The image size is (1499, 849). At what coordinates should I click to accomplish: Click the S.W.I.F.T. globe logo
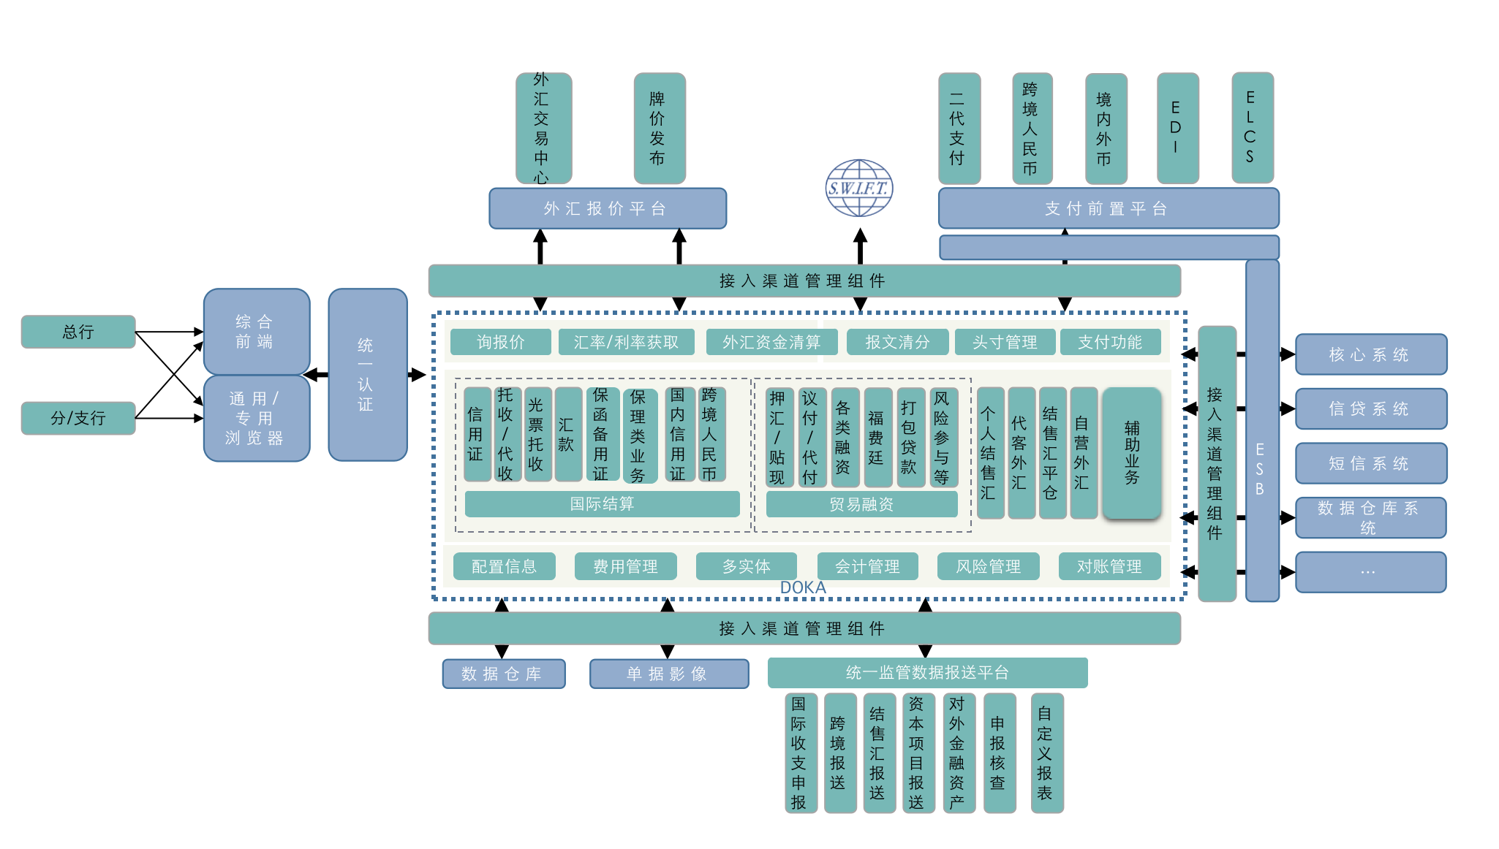[x=859, y=188]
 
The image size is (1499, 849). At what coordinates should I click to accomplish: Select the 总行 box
[x=78, y=332]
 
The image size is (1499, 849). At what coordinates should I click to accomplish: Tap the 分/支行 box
[x=78, y=418]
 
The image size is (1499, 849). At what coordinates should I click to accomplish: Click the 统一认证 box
[x=367, y=375]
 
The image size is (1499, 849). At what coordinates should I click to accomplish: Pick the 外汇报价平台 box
[x=607, y=208]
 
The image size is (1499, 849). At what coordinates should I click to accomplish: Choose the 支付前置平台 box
[x=1108, y=208]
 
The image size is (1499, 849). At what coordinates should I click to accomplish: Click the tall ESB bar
[x=1261, y=431]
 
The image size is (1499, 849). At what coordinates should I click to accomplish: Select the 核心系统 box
[x=1370, y=354]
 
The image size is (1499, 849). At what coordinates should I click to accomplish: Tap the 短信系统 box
[x=1370, y=463]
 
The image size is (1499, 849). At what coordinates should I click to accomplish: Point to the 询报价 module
[x=501, y=342]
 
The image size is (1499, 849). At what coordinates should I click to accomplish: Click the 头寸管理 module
[x=1005, y=342]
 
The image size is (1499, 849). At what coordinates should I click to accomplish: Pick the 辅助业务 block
[x=1132, y=453]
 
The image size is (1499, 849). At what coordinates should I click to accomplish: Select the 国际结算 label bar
[x=602, y=504]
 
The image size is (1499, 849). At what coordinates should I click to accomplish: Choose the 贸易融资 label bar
[x=861, y=504]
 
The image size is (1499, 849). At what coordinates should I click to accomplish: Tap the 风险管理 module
[x=988, y=566]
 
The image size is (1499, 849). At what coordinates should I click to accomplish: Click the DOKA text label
[x=803, y=587]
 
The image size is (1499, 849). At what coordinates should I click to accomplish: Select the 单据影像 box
[x=668, y=674]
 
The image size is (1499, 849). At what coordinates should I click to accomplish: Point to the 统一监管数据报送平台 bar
[x=927, y=672]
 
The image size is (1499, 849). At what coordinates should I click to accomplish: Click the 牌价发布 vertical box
[x=659, y=128]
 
